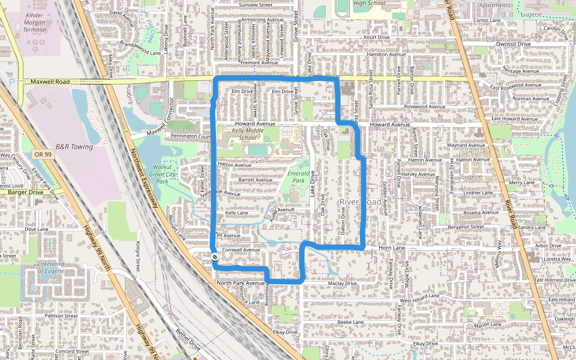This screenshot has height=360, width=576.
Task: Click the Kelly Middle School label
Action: [247, 134]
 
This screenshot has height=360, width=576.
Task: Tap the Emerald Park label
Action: [298, 176]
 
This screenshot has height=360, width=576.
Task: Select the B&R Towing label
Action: [74, 146]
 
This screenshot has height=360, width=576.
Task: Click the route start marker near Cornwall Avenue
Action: [214, 257]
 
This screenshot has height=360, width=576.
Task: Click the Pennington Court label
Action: [191, 136]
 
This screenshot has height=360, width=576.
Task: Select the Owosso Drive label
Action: [513, 44]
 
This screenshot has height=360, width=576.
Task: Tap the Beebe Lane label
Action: [350, 322]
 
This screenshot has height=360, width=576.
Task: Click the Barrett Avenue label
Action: [255, 179]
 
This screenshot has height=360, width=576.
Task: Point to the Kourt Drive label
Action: [377, 37]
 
